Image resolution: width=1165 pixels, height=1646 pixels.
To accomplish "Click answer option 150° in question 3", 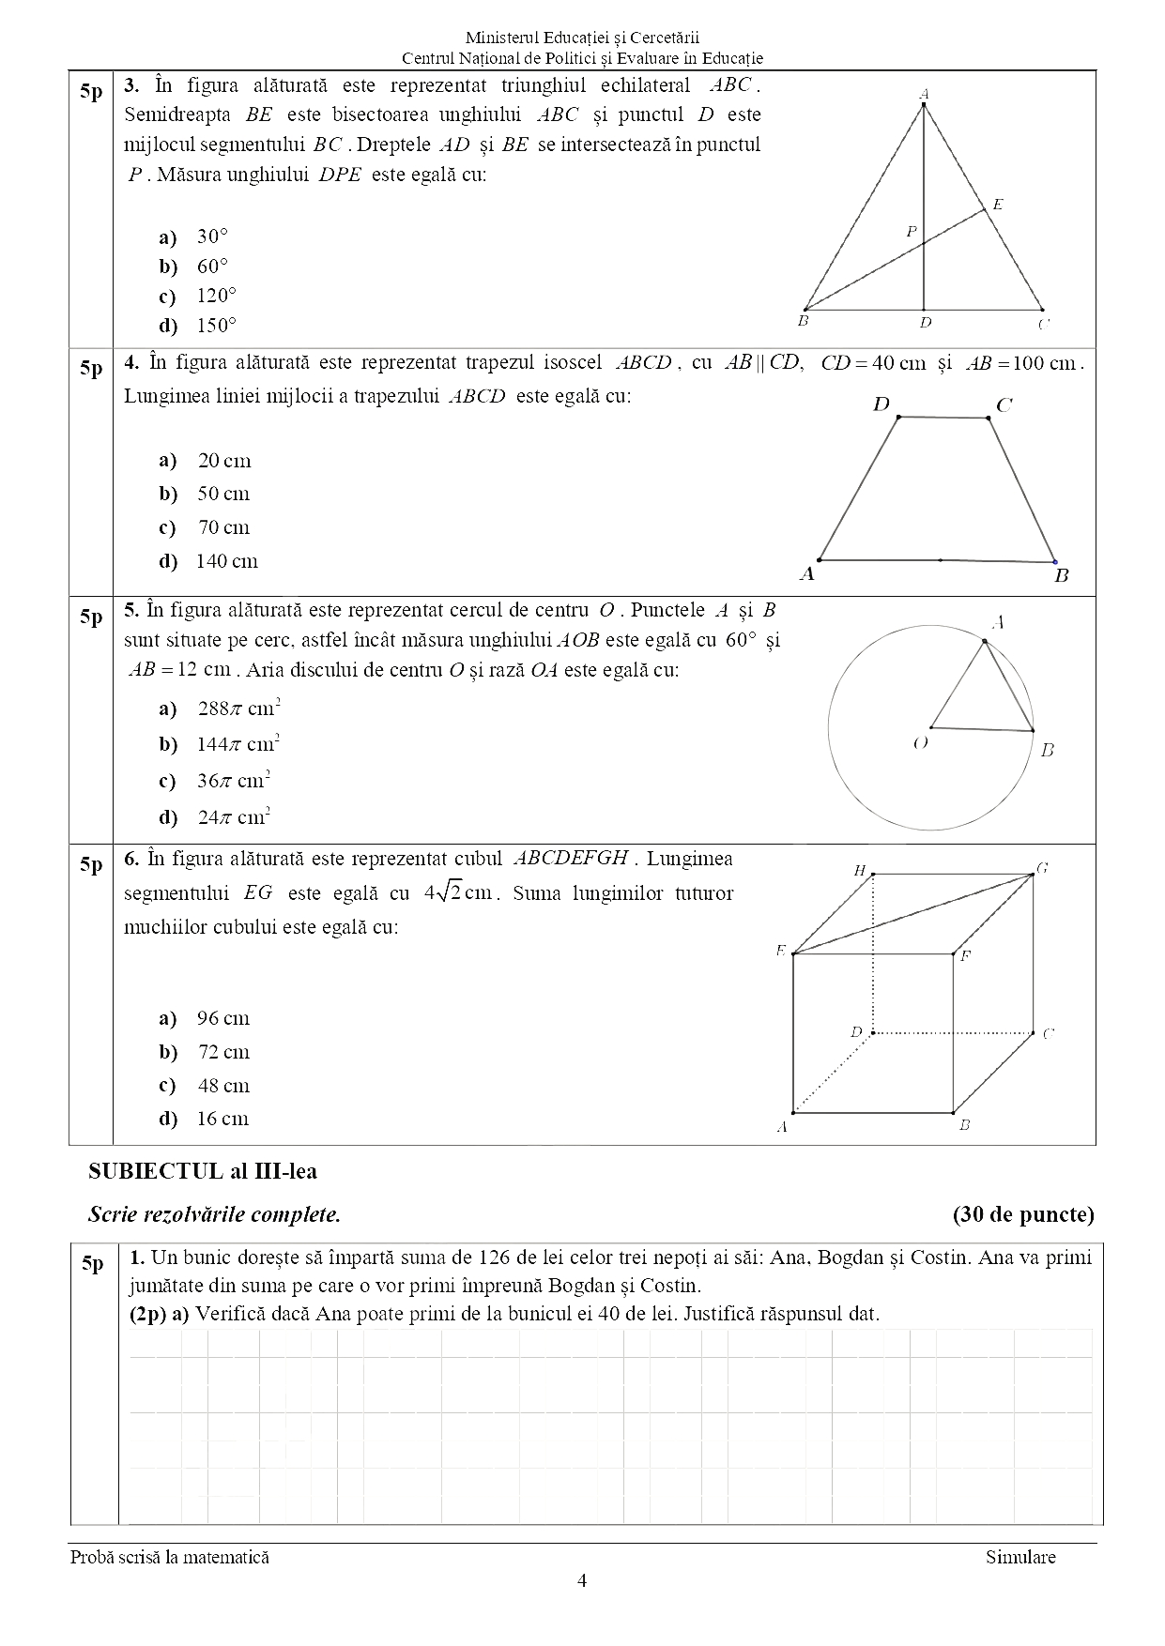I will (216, 326).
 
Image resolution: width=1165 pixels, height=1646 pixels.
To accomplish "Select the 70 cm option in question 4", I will (223, 527).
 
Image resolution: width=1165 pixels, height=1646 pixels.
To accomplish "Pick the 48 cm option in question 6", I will (222, 1086).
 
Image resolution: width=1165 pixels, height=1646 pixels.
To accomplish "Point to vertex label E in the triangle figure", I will (998, 204).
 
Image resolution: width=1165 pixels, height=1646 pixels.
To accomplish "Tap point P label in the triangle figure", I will (911, 231).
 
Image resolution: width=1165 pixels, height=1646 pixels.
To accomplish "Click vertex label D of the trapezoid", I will (881, 404).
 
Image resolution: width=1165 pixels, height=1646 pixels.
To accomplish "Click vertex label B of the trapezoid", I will (1062, 575).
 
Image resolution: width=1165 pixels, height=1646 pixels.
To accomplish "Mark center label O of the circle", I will (921, 742).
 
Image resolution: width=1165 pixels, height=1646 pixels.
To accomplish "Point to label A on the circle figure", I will (998, 622).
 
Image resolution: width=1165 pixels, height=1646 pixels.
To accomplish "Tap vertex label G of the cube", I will (1042, 868).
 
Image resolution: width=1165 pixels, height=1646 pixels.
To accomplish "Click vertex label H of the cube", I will (859, 871).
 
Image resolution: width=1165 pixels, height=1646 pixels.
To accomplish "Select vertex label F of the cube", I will (965, 956).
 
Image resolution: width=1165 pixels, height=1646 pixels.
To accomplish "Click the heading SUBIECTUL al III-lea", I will (202, 1171).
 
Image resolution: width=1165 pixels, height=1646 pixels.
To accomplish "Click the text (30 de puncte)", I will (1023, 1214).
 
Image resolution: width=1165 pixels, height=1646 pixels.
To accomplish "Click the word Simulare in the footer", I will (1020, 1557).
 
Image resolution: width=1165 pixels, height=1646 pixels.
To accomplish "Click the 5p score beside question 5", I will (91, 617).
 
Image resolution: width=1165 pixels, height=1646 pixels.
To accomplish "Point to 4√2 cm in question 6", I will (458, 892).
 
